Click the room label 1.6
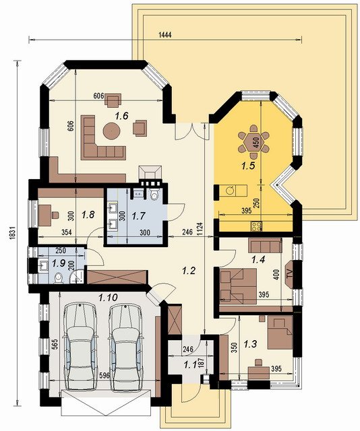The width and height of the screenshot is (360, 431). tap(121, 116)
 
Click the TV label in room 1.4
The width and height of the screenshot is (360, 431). tap(290, 274)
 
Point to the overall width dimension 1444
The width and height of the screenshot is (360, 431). tap(165, 35)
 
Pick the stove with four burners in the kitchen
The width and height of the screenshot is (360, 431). tap(256, 226)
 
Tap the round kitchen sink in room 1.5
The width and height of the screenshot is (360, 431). tap(230, 190)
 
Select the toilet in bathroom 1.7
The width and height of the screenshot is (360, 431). tap(154, 194)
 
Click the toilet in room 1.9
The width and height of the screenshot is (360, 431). tap(59, 278)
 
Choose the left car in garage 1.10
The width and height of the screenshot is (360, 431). tap(80, 347)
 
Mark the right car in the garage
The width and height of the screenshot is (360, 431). tap(126, 347)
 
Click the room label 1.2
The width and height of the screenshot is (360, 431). tap(189, 271)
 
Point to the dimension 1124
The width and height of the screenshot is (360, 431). tap(200, 230)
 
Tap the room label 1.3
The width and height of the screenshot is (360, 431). tap(251, 343)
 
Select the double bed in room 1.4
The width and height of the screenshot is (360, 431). tap(239, 286)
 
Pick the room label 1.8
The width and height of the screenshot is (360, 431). tap(88, 215)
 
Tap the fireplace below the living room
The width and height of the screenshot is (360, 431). tap(150, 175)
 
